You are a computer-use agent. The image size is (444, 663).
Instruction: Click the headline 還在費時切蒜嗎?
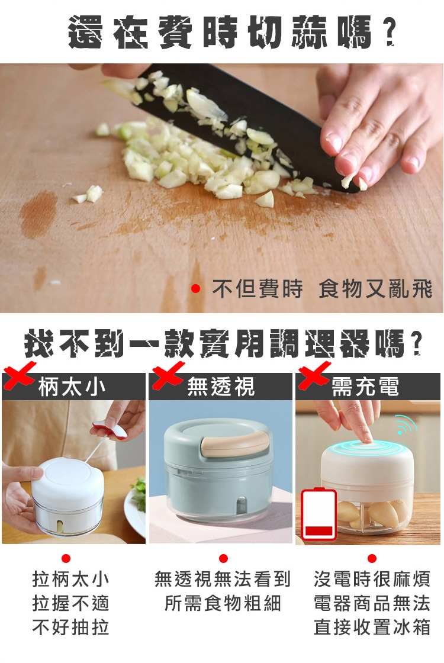(231, 31)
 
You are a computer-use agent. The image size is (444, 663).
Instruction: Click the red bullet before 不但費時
(195, 289)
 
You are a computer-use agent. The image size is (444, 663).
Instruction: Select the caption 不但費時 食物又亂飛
(322, 289)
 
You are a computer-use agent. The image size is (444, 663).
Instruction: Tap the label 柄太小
(72, 387)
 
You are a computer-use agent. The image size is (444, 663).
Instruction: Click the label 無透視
(221, 387)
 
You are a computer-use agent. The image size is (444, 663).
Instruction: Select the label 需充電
(365, 387)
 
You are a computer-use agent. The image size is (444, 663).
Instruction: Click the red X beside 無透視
(168, 375)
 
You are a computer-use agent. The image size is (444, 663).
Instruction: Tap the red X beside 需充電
(314, 375)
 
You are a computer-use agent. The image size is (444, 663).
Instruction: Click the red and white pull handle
(110, 429)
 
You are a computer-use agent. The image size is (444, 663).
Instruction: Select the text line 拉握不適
(70, 603)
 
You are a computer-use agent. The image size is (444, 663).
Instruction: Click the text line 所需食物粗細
(223, 603)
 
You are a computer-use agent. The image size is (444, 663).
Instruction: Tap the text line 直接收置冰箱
(372, 627)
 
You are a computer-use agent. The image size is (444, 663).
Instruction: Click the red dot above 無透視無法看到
(223, 559)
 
